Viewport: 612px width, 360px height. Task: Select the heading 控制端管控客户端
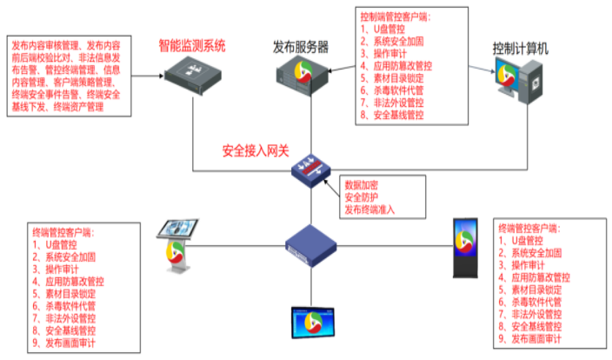(x=396, y=17)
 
